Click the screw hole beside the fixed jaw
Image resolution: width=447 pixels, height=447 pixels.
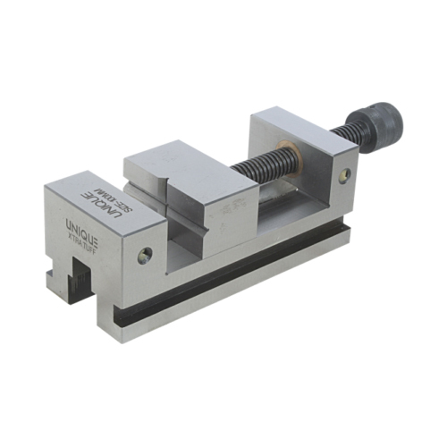144,257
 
